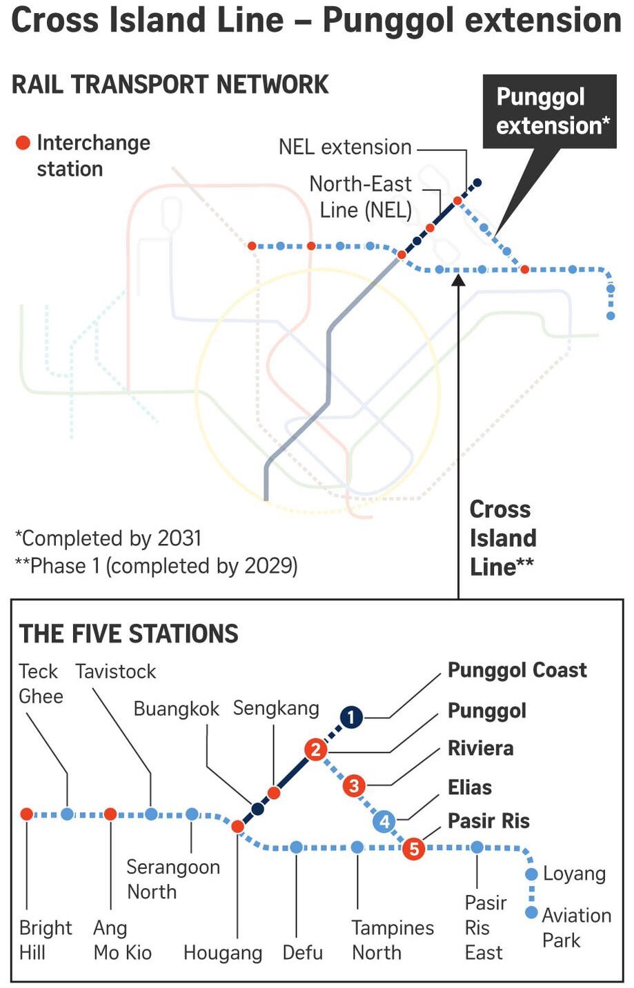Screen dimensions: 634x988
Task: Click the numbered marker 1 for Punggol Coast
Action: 351,717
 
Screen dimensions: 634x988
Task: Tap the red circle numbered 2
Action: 315,750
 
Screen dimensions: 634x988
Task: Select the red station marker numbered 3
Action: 354,785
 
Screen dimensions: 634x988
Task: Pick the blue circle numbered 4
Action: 384,822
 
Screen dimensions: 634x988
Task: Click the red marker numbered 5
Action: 414,848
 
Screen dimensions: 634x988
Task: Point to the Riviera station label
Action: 480,749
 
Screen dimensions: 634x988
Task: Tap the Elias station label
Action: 470,787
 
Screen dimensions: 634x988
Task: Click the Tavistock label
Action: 116,672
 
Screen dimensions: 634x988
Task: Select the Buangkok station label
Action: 176,709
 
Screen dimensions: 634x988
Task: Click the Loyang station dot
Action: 532,874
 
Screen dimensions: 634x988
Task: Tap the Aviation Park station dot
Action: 532,912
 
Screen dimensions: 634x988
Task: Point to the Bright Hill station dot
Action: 27,814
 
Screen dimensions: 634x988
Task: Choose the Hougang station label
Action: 223,953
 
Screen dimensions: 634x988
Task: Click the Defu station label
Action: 303,953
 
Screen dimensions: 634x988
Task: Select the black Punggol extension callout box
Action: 550,111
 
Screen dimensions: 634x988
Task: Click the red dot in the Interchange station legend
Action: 23,143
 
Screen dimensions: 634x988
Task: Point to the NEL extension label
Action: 345,148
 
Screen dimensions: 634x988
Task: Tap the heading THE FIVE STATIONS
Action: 128,634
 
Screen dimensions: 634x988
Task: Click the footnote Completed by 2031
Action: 108,538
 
